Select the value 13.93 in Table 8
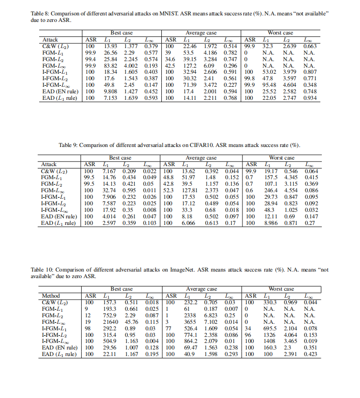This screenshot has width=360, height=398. pyautogui.click(x=110, y=46)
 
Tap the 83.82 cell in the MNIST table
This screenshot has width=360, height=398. pyautogui.click(x=110, y=66)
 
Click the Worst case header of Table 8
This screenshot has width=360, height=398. pyautogui.click(x=281, y=33)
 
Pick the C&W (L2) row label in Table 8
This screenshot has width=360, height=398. pyautogui.click(x=55, y=46)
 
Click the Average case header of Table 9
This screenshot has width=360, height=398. pyautogui.click(x=201, y=158)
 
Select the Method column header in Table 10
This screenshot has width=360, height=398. pyautogui.click(x=51, y=295)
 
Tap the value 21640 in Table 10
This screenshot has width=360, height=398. pyautogui.click(x=110, y=321)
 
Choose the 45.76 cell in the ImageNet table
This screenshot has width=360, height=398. pyautogui.click(x=130, y=321)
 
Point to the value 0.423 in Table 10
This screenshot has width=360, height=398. pyautogui.click(x=311, y=354)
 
